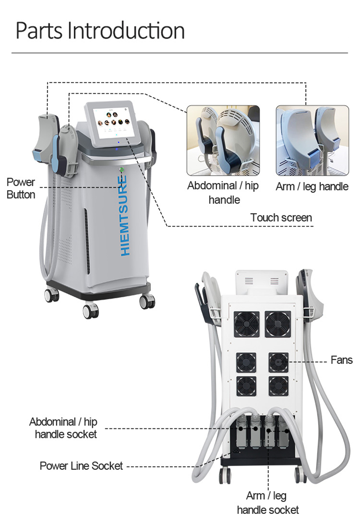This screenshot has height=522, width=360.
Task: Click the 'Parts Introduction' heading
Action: tap(100, 31)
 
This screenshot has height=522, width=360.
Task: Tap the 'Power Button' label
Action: tap(21, 188)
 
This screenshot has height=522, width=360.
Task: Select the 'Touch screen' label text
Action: tap(281, 218)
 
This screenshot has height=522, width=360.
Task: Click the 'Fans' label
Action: tap(342, 360)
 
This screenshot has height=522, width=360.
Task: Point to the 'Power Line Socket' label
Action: tap(81, 465)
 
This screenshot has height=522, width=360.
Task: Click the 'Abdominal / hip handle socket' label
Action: tap(63, 428)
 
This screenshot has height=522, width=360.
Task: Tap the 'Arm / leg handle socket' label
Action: tap(267, 503)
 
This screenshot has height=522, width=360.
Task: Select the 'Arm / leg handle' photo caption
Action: tap(312, 186)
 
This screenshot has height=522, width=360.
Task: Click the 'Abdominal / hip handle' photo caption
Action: tap(223, 192)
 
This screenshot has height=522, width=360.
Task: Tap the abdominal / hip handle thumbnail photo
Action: tap(223, 140)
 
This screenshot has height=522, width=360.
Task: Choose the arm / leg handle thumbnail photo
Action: tap(312, 140)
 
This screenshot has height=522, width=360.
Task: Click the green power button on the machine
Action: tap(121, 170)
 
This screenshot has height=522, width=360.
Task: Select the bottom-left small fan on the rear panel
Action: tap(247, 386)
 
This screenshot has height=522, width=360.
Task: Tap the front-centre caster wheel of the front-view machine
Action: tap(91, 311)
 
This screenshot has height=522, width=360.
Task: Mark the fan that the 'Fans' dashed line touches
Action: tap(279, 361)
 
